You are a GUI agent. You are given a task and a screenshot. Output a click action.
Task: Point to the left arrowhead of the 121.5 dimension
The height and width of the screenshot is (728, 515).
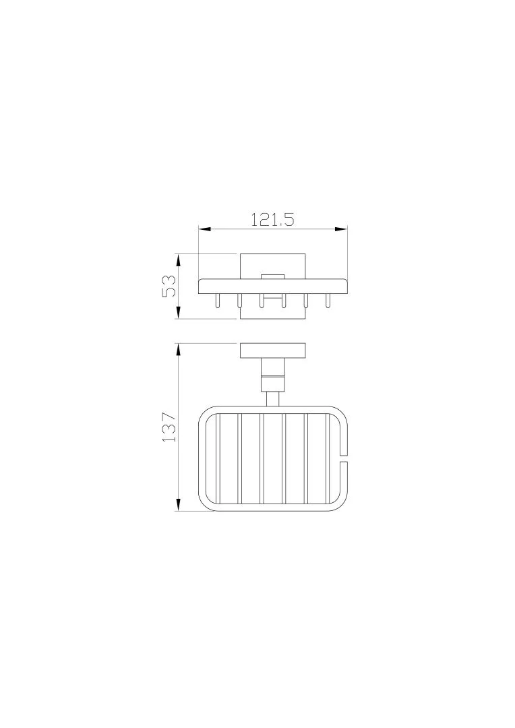pos(205,229)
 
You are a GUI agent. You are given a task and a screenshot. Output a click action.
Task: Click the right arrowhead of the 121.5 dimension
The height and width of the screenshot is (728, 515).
pos(341,229)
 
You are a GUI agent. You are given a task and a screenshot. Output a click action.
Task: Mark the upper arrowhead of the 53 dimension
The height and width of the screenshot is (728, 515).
pos(179,260)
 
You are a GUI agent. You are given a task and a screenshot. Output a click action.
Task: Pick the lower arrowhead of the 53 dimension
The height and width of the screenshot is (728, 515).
pos(179,313)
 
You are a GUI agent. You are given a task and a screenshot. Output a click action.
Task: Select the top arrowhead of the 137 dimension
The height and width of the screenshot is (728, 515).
pos(179,350)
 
